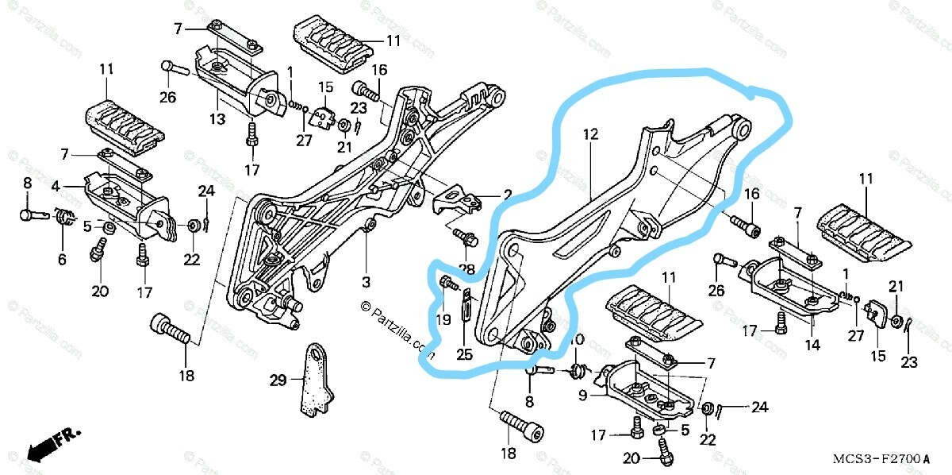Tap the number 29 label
(277, 380)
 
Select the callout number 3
(366, 282)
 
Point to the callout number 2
(506, 194)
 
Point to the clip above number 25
(467, 303)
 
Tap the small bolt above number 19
(447, 282)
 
